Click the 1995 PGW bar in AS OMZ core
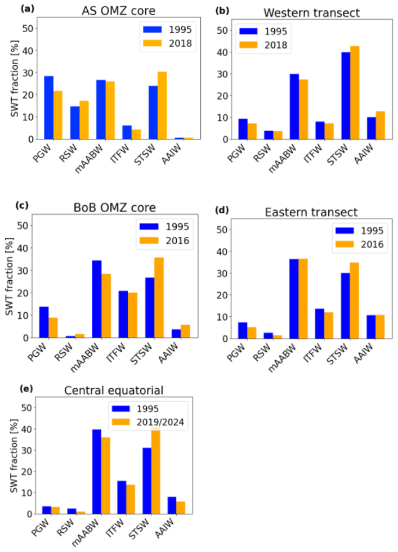click(49, 107)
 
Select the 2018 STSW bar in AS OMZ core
click(162, 105)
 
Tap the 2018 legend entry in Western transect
click(263, 45)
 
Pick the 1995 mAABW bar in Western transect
click(294, 107)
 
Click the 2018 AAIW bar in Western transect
click(381, 125)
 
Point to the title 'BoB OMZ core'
click(114, 208)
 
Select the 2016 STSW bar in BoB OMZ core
click(159, 298)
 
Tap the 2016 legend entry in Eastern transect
click(359, 244)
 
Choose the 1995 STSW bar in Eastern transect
click(345, 306)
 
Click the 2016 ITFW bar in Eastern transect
click(329, 326)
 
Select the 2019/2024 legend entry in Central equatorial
click(148, 422)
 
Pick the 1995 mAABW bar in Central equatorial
click(97, 472)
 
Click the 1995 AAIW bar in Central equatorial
click(172, 505)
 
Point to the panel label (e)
click(27, 389)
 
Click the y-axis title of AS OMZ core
click(15, 79)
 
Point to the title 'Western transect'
click(312, 13)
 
